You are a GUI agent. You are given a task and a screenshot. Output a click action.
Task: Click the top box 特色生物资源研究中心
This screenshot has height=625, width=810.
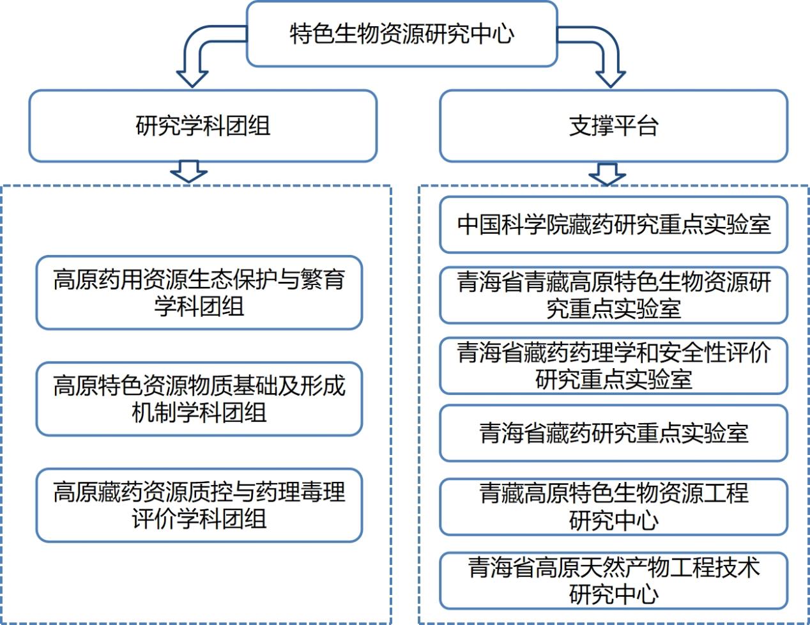[402, 34]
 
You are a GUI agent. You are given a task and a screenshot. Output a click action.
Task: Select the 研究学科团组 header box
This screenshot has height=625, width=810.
[202, 125]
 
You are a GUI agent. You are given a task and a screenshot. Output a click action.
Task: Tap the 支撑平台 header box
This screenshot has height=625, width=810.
[613, 125]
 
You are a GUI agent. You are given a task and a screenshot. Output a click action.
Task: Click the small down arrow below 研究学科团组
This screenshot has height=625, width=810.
[189, 171]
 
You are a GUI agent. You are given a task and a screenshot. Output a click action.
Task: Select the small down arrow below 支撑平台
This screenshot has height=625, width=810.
[607, 173]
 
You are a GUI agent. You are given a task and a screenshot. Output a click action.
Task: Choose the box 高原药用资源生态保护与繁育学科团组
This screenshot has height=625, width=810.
[199, 293]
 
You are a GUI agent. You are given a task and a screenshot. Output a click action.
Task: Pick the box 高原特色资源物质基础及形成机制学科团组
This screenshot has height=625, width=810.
[199, 399]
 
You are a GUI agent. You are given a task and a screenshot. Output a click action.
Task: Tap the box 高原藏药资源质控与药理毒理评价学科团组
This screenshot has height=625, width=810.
[199, 505]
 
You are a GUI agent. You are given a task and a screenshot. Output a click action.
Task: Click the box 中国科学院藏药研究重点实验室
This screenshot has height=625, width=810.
[613, 224]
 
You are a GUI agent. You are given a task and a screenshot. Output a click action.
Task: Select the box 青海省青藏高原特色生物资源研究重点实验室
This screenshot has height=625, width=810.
[613, 295]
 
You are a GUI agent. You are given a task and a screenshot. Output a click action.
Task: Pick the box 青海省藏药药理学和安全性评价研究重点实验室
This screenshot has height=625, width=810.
[613, 366]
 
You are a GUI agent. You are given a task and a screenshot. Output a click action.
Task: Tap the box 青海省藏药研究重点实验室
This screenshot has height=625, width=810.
[613, 433]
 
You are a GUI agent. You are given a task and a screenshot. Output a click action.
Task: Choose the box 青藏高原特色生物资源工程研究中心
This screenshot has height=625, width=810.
[613, 507]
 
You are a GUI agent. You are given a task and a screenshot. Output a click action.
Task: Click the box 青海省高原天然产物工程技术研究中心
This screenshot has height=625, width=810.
[613, 580]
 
